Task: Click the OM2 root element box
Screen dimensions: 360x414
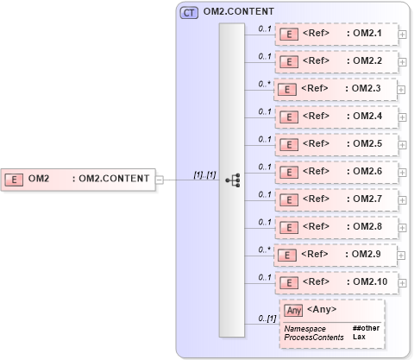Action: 78,179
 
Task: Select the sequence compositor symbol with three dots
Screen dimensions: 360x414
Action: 232,180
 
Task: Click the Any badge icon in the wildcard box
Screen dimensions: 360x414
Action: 294,310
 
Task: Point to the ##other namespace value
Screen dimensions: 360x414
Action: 366,328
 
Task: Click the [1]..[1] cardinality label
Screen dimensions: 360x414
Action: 204,174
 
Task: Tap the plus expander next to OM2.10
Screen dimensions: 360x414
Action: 403,282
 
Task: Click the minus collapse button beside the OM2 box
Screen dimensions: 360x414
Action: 160,179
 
